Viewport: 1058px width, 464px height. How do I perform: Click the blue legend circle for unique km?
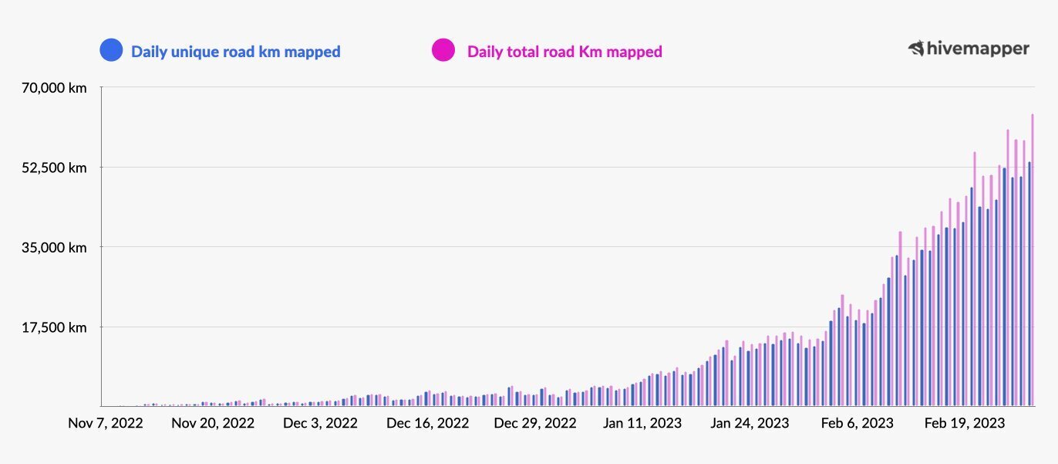(111, 52)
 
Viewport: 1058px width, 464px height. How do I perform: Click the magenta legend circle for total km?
(443, 52)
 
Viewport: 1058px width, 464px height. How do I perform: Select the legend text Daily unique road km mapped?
(236, 52)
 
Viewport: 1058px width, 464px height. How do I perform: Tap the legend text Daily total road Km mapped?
(564, 52)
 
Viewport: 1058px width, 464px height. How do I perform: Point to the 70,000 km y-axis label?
(54, 88)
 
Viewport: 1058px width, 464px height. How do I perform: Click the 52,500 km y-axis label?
(54, 168)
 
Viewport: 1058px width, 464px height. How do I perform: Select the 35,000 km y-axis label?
(54, 248)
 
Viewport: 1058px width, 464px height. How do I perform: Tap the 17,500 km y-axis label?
(54, 327)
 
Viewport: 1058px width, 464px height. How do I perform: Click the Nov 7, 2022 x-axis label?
(106, 423)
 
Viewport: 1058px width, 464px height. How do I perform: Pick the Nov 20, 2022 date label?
(213, 423)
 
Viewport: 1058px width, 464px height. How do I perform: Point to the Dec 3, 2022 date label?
(320, 423)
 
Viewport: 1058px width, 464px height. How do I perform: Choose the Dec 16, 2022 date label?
(427, 423)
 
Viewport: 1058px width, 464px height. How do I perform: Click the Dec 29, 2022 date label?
(535, 423)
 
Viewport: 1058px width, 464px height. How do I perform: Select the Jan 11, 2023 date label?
(642, 423)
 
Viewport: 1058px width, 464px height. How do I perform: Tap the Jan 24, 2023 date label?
(750, 423)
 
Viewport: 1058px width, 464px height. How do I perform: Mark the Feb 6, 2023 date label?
(857, 423)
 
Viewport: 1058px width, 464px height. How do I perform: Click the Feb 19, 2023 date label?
(965, 423)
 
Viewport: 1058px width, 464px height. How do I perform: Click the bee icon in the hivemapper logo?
(916, 49)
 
